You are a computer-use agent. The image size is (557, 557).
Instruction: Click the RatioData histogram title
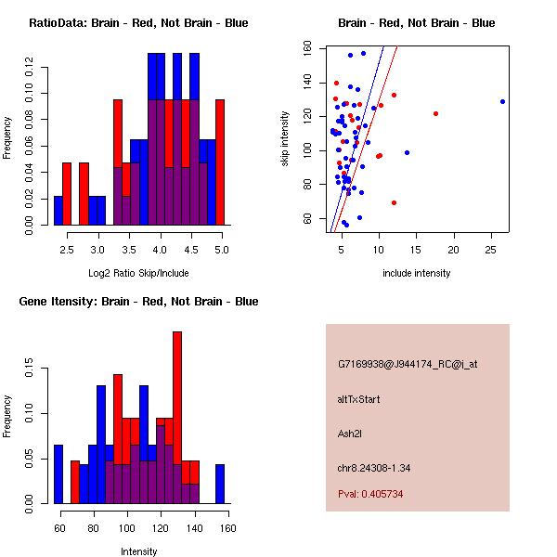click(x=138, y=23)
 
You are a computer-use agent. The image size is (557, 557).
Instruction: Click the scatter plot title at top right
click(x=416, y=23)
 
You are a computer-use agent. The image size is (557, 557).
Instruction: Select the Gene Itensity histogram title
click(x=138, y=302)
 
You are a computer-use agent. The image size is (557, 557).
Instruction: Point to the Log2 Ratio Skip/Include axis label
click(x=138, y=273)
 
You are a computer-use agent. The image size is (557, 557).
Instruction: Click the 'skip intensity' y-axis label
click(x=286, y=139)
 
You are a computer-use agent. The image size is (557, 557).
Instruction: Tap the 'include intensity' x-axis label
click(x=417, y=273)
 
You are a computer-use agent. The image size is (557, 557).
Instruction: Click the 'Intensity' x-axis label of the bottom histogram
click(x=138, y=551)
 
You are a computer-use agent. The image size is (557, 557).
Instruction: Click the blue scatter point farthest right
click(x=502, y=101)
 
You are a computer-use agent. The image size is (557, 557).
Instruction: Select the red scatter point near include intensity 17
click(x=435, y=113)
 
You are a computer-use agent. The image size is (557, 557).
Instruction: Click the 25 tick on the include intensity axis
click(x=491, y=251)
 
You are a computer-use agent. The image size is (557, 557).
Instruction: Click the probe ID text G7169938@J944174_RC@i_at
click(x=408, y=365)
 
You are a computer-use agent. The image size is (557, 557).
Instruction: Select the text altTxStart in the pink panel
click(x=358, y=399)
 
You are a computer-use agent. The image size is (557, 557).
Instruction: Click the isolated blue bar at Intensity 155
click(x=220, y=484)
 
